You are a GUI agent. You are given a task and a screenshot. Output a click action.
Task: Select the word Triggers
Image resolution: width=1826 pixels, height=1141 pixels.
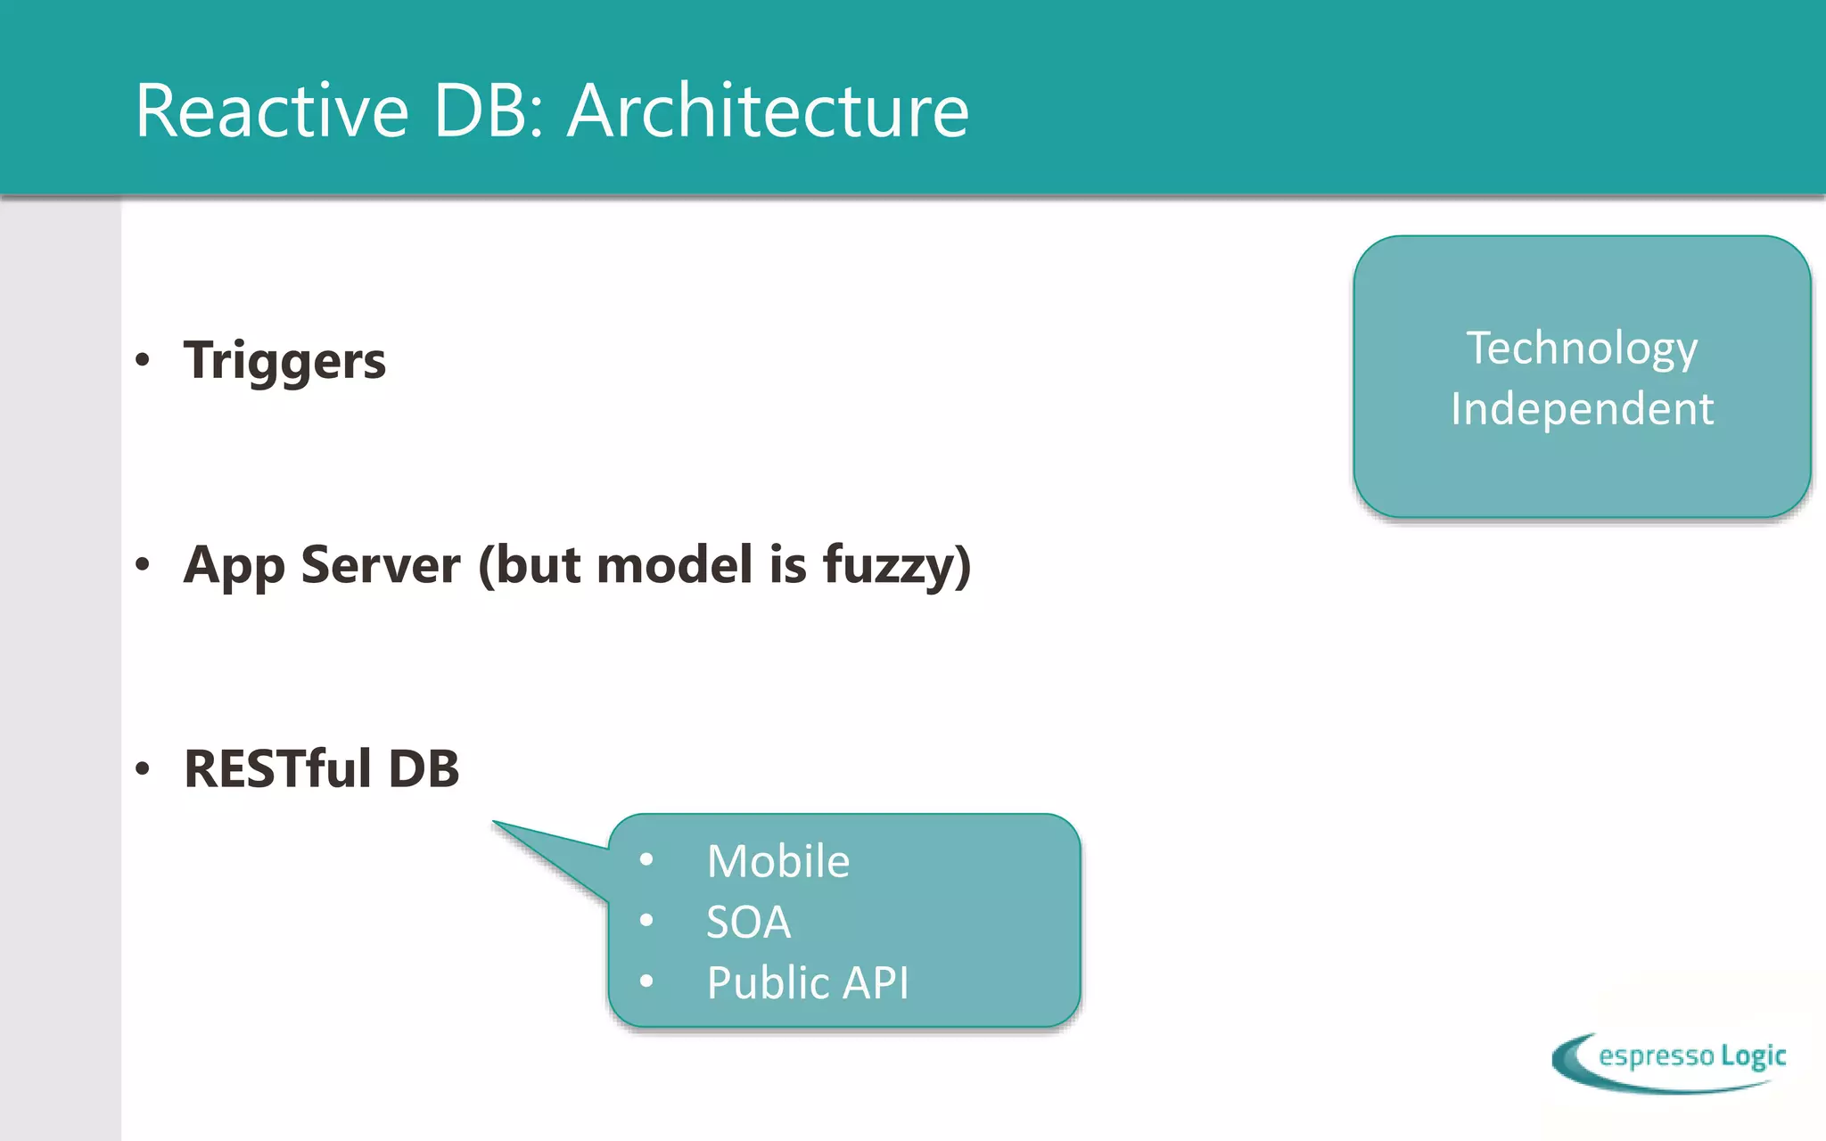(x=284, y=361)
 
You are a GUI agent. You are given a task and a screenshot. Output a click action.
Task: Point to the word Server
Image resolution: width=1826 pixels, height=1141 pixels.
(x=381, y=564)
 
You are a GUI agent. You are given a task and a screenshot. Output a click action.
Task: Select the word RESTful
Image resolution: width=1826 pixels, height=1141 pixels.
(x=277, y=768)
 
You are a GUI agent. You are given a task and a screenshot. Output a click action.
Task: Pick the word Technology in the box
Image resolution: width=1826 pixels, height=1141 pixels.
(x=1582, y=349)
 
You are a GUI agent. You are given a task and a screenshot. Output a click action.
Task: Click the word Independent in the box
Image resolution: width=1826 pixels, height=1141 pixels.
(x=1582, y=409)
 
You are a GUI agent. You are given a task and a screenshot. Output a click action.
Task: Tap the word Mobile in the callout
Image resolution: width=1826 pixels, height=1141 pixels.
(x=777, y=861)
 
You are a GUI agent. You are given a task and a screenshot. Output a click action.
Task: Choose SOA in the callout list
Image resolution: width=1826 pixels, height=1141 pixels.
(x=748, y=922)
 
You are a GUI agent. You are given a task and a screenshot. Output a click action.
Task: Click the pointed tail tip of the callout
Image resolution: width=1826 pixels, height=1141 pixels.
(x=496, y=823)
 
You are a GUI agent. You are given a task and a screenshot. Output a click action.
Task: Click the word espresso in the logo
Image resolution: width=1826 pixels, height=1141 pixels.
(x=1656, y=1056)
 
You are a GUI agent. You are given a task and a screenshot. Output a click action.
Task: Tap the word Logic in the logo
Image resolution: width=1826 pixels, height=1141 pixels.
(x=1753, y=1056)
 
